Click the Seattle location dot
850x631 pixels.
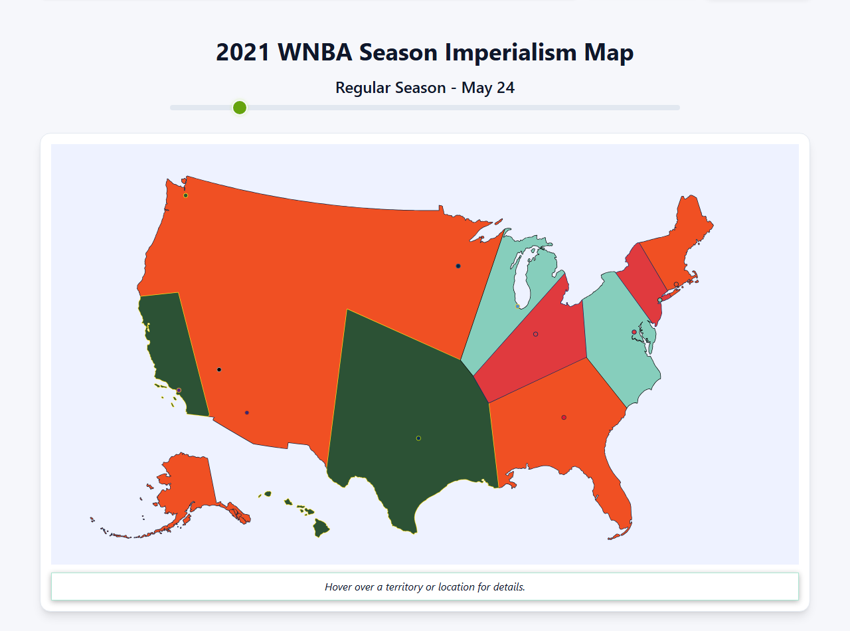pyautogui.click(x=185, y=195)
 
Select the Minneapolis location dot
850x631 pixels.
pyautogui.click(x=458, y=266)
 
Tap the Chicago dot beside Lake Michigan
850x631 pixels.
pyautogui.click(x=517, y=306)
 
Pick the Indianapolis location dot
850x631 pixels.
pyautogui.click(x=535, y=334)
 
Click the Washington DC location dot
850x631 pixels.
pyautogui.click(x=634, y=332)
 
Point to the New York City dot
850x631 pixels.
pyautogui.click(x=659, y=300)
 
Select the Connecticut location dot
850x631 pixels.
pyautogui.click(x=676, y=284)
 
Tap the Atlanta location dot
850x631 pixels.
pyautogui.click(x=564, y=417)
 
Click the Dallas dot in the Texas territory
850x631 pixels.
pyautogui.click(x=418, y=438)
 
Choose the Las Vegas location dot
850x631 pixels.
pyautogui.click(x=219, y=369)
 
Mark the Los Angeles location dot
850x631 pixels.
pyautogui.click(x=179, y=390)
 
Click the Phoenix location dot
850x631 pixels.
pyautogui.click(x=247, y=412)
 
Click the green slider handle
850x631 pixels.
pyautogui.click(x=240, y=108)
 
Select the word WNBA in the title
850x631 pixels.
pyautogui.click(x=315, y=52)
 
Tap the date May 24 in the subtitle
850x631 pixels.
pyautogui.click(x=488, y=88)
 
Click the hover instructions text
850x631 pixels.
pyautogui.click(x=425, y=587)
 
